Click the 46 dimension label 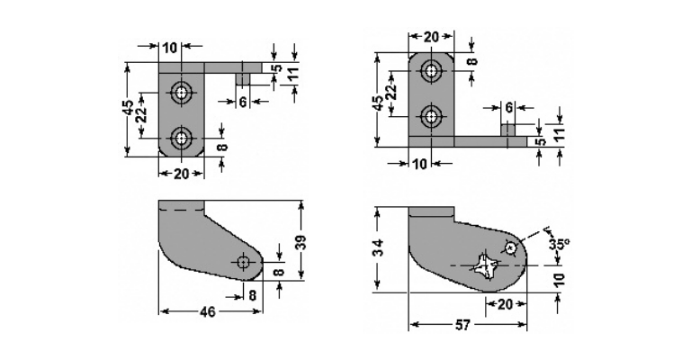[208, 312]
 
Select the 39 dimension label [301, 243]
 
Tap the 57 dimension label [462, 325]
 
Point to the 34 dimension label [378, 248]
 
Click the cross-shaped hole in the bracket [485, 265]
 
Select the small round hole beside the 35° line [511, 248]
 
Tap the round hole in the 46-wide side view [243, 263]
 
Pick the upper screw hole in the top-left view [181, 93]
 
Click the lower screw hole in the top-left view [181, 138]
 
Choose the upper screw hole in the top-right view [431, 70]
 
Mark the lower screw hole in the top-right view [431, 117]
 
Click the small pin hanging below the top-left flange [243, 79]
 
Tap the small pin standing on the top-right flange [508, 130]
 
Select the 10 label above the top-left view [170, 48]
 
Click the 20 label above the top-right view [431, 37]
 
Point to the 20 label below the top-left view [181, 174]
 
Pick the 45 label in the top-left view [129, 108]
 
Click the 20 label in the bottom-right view [505, 304]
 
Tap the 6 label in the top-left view [243, 102]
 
